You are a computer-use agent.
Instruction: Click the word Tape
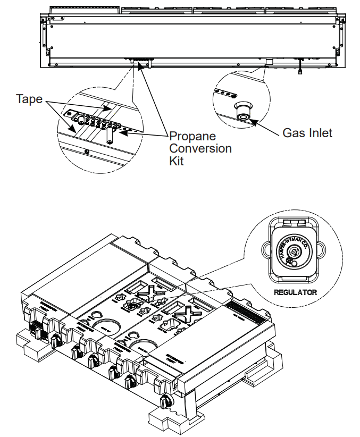[x=29, y=99]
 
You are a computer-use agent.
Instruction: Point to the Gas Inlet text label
[x=307, y=132]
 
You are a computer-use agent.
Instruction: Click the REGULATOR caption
[x=295, y=292]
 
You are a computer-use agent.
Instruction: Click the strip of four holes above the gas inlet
[x=224, y=94]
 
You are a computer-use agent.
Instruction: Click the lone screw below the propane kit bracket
[x=87, y=152]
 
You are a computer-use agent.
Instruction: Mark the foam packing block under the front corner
[x=165, y=420]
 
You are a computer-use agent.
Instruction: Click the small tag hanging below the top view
[x=301, y=70]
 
